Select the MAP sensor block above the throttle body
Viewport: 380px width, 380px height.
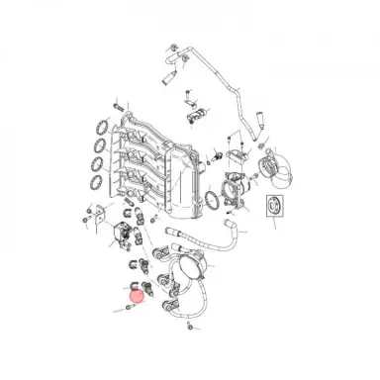pos(238,153)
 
